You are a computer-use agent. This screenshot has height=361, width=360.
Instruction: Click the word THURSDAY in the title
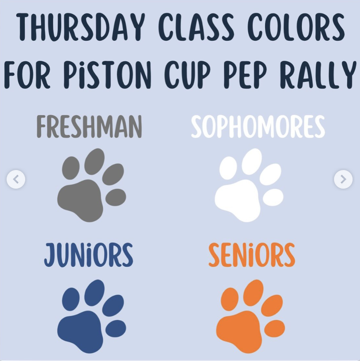(x=81, y=27)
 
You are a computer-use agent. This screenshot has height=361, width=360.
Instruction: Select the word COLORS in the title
(x=296, y=27)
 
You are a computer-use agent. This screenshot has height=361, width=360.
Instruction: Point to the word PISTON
(x=107, y=75)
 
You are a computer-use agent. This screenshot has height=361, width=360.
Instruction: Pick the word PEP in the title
(x=245, y=75)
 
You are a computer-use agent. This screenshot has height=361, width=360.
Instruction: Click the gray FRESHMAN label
(x=89, y=127)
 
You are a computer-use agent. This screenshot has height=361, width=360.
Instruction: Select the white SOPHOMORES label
(x=258, y=127)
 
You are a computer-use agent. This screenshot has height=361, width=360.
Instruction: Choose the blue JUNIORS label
(x=88, y=255)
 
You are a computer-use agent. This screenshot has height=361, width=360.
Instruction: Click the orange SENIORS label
(x=252, y=255)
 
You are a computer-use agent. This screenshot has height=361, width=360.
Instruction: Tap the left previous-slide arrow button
(x=16, y=179)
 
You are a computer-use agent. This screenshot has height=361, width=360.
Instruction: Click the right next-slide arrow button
(x=343, y=179)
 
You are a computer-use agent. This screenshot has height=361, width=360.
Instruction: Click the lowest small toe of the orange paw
(x=275, y=328)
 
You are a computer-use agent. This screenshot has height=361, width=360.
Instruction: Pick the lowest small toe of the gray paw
(x=116, y=197)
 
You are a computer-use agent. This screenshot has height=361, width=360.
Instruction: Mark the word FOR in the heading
(x=27, y=75)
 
